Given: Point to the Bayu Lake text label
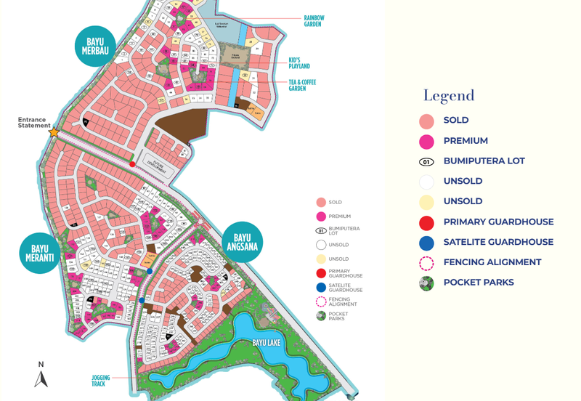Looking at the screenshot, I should click(261, 341).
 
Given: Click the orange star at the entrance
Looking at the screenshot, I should click(54, 132).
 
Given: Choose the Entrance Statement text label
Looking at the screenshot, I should click(32, 123).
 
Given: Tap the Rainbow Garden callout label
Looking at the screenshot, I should click(314, 20).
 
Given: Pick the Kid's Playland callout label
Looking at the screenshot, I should click(299, 62).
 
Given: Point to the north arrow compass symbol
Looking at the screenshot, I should click(41, 375).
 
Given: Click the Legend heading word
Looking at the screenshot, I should click(449, 95).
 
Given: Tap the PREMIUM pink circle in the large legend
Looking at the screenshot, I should click(427, 141).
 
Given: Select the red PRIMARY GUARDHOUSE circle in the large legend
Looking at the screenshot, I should click(427, 222).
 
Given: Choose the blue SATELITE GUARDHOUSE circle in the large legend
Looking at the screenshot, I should click(427, 243).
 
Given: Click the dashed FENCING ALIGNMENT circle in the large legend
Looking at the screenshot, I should click(427, 263).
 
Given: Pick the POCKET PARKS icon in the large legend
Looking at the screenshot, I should click(427, 283).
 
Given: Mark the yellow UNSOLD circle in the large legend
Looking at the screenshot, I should click(427, 202).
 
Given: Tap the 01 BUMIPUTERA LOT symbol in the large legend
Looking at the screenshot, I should click(427, 161).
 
